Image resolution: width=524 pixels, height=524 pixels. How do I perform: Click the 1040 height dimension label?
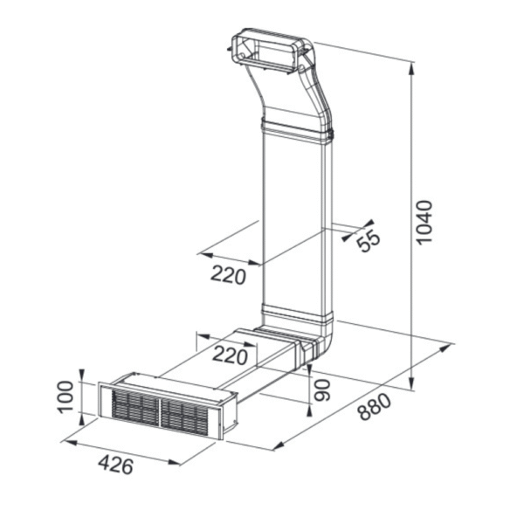click(x=425, y=222)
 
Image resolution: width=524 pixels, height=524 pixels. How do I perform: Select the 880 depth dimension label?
click(x=375, y=406)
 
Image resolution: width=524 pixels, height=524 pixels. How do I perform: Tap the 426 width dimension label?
click(x=116, y=465)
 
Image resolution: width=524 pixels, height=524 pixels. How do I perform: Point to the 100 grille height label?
click(x=65, y=396)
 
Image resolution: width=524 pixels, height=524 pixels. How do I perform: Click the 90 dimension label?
click(x=322, y=390)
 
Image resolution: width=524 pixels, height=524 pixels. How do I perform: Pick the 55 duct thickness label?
click(x=369, y=239)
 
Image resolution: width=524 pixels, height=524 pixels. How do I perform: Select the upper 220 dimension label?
click(x=228, y=275)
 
